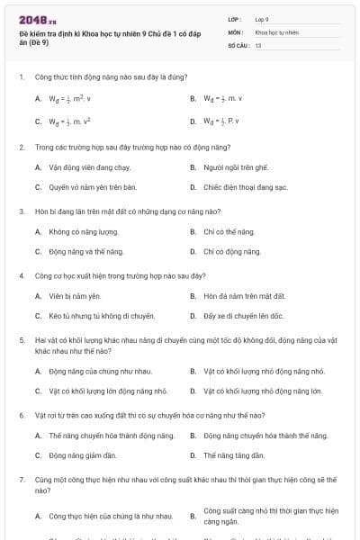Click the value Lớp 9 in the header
tap(262, 19)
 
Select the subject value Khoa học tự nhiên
tap(276, 31)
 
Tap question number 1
tap(21, 77)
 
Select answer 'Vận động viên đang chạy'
tap(90, 167)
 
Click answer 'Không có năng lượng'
tap(85, 232)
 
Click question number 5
tap(21, 340)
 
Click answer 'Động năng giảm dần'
tap(83, 455)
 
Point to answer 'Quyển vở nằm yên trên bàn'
tap(92, 187)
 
